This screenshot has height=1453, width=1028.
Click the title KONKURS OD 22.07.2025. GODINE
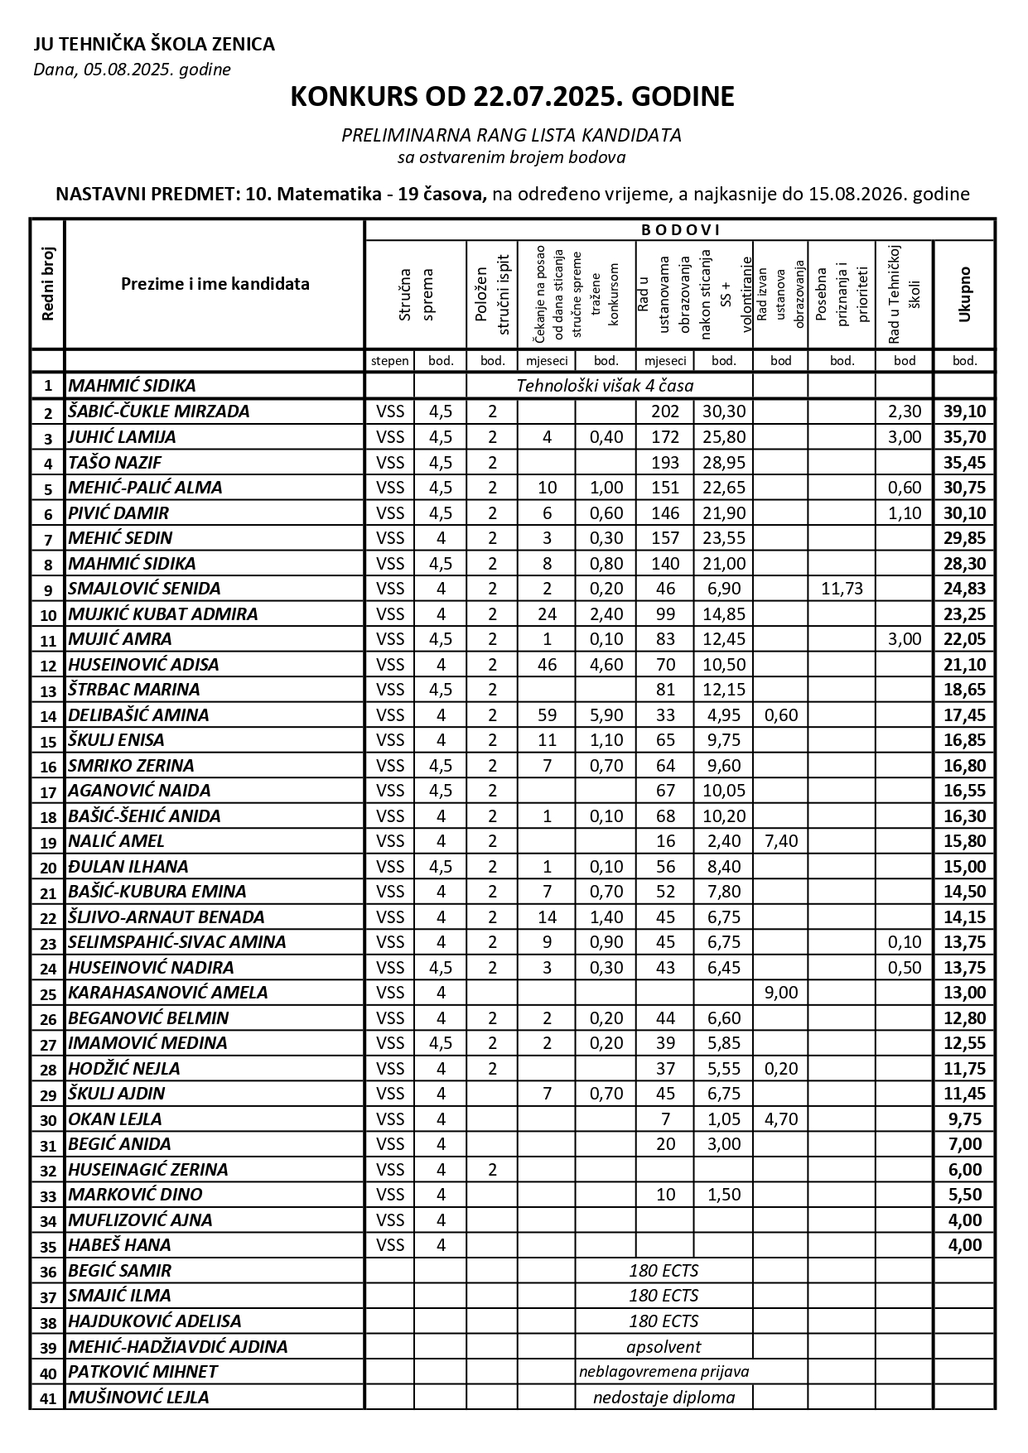point(512,97)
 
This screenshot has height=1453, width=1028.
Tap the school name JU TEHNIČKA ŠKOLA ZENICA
point(154,45)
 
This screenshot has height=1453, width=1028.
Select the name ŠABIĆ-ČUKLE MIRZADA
point(158,411)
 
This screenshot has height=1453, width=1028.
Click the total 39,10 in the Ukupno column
point(964,411)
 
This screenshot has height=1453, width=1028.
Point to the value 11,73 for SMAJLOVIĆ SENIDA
point(842,589)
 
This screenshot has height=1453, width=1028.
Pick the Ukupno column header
point(964,294)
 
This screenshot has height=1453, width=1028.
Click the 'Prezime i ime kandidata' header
point(215,284)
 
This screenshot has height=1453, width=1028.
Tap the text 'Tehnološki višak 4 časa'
point(605,386)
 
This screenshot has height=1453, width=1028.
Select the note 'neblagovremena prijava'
point(664,1372)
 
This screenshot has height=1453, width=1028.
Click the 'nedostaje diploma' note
point(664,1398)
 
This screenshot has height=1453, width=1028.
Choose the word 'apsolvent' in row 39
point(664,1347)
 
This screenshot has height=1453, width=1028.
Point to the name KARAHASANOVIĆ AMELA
point(167,993)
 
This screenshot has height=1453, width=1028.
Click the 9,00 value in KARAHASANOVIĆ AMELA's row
point(780,993)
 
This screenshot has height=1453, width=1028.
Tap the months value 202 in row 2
point(665,411)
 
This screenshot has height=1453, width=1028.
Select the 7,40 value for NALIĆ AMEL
point(780,841)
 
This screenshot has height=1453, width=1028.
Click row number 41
point(48,1398)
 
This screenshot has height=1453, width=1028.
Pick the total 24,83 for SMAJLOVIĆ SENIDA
point(964,589)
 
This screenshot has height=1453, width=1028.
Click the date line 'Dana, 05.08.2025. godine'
point(132,70)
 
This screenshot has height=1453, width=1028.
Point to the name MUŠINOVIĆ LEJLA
point(138,1398)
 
